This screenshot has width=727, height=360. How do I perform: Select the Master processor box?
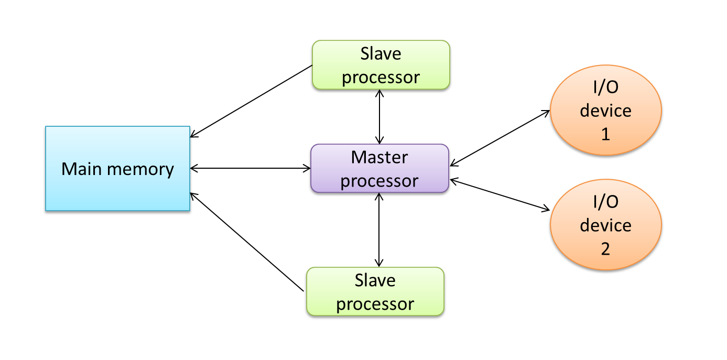tap(379, 168)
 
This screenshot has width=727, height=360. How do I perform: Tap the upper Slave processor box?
tap(381, 65)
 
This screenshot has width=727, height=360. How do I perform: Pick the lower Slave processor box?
tap(375, 292)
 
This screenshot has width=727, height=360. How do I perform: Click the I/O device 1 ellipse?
tap(605, 111)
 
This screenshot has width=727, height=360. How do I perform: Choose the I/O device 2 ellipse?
tap(605, 225)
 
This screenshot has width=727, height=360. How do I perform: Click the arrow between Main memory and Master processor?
tap(251, 168)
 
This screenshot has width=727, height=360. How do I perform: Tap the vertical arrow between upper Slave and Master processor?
tap(379, 116)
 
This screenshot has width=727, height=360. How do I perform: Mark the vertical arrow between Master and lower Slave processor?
tap(379, 230)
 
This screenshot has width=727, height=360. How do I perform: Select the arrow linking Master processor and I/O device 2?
tap(500, 195)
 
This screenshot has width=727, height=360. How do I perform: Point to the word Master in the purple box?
tap(379, 157)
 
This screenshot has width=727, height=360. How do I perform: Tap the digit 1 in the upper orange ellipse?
tap(605, 134)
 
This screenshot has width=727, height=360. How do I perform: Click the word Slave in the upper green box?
tap(381, 53)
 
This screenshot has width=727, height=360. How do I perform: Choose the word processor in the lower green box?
tap(375, 304)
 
